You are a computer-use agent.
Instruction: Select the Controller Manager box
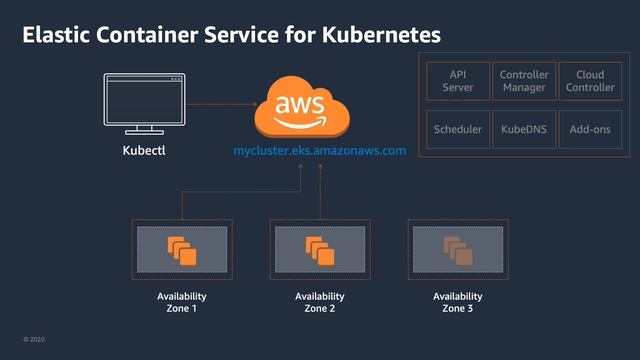pos(523,82)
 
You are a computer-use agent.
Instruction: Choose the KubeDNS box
pos(523,130)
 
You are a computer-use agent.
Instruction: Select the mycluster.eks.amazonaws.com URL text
pos(319,151)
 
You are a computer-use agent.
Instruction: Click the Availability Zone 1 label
pos(182,302)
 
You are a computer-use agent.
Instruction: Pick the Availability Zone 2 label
pos(319,302)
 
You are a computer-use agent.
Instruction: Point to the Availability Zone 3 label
pos(457,302)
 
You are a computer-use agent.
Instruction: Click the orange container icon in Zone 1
pos(182,250)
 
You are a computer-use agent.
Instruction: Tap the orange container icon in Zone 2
pos(319,250)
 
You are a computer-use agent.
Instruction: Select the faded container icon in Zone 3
pos(457,250)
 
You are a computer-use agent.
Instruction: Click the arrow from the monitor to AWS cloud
pos(220,103)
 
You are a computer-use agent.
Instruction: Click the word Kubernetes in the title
pos(382,35)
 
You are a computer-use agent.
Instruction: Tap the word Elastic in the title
pos(54,35)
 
